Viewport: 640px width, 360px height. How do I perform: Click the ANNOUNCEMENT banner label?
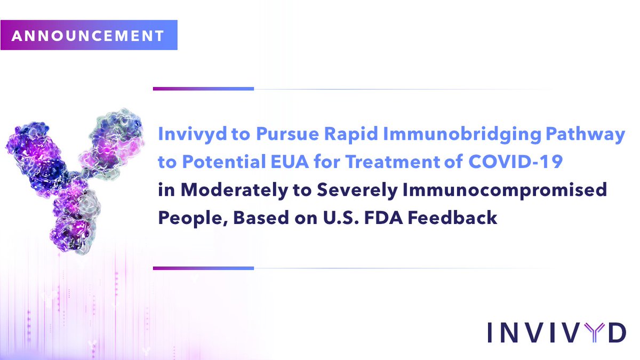pos(88,36)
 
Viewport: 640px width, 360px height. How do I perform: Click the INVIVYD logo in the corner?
pos(556,332)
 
